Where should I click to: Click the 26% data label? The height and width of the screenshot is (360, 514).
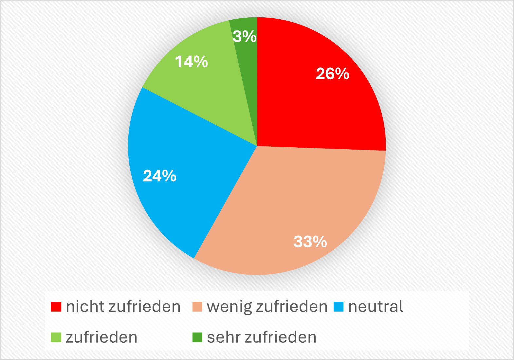[332, 74]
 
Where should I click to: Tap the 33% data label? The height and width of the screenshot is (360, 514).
[310, 242]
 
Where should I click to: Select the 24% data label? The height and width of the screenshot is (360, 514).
[159, 176]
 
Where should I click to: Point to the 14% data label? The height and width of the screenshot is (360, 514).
[191, 62]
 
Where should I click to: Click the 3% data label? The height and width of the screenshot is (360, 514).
[245, 36]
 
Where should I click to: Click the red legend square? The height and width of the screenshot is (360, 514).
[56, 307]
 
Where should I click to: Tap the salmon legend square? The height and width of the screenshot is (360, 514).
[197, 307]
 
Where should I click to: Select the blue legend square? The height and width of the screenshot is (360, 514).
[338, 307]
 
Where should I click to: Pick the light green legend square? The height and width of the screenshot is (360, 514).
[56, 337]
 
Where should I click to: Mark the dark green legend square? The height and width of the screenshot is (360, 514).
[197, 337]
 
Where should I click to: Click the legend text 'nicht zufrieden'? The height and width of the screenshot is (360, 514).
[123, 307]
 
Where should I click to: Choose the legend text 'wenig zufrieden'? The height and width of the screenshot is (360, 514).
[267, 307]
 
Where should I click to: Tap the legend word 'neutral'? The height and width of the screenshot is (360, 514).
[376, 307]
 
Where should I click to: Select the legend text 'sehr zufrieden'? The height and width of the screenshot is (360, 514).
[262, 337]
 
